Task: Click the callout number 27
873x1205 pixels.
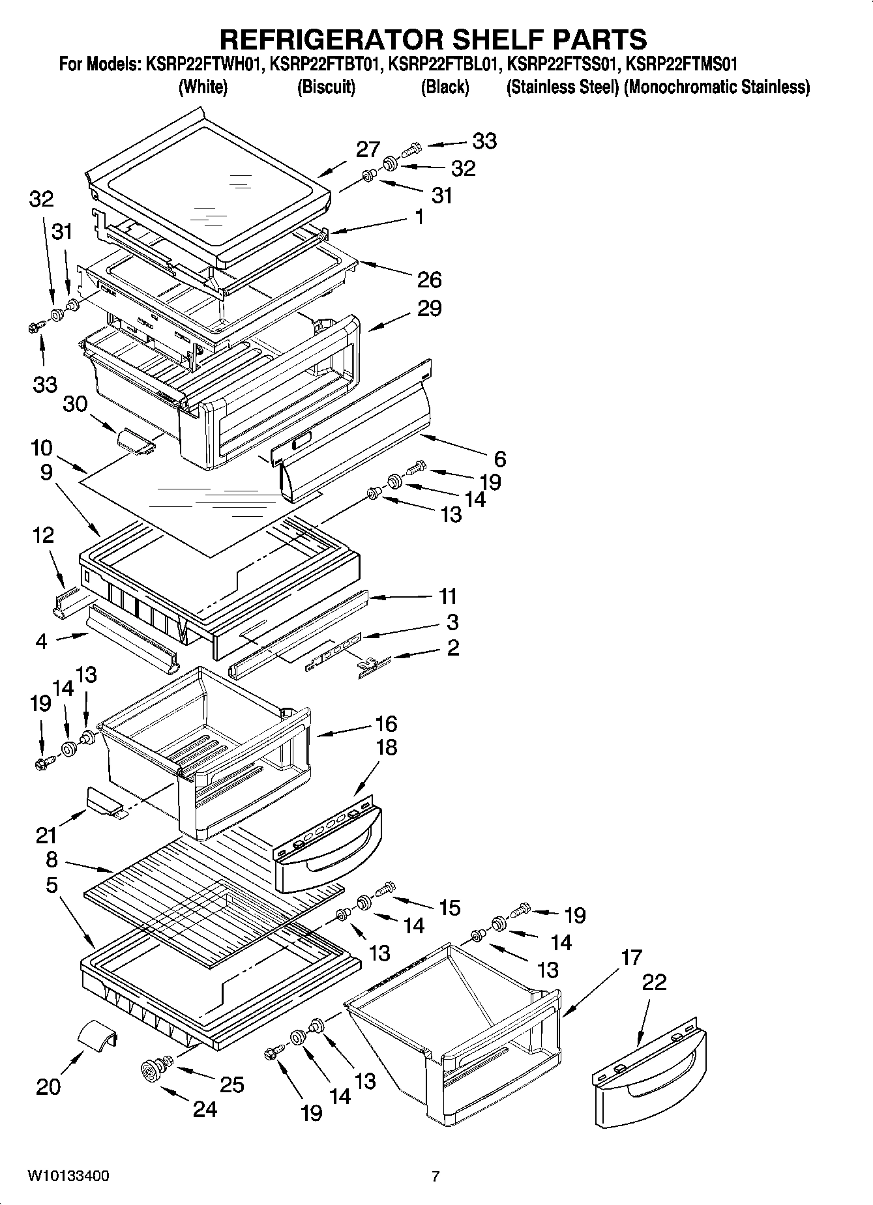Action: point(368,150)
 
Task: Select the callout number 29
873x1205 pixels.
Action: point(429,308)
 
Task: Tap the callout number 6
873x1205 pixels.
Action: point(499,459)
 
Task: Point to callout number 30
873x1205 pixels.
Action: point(75,405)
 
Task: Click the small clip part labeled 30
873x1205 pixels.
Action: point(135,440)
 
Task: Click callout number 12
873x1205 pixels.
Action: point(43,536)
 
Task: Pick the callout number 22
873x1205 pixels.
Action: point(654,982)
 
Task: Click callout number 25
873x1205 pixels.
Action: point(231,1084)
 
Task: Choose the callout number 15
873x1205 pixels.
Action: point(450,908)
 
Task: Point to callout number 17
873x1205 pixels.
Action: point(632,958)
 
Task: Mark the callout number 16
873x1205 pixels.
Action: point(386,724)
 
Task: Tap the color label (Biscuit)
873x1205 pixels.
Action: point(326,87)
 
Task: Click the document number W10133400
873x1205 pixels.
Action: point(68,1176)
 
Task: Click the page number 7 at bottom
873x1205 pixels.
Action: point(436,1176)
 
